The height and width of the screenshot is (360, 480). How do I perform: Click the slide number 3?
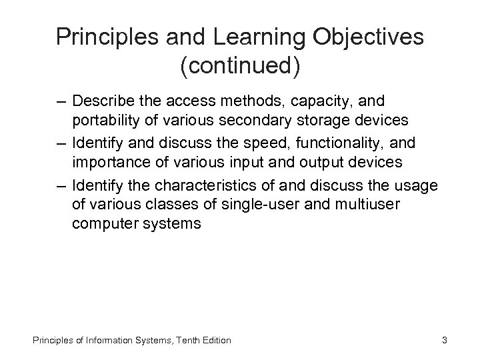(444, 340)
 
